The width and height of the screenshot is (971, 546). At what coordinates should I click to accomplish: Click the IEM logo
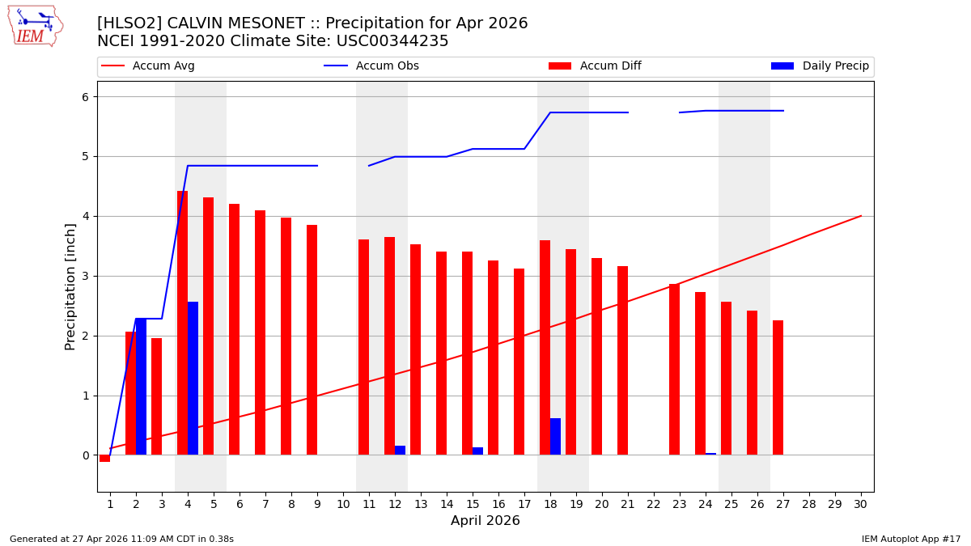[x=35, y=26]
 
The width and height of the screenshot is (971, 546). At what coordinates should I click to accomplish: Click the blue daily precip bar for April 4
[x=193, y=379]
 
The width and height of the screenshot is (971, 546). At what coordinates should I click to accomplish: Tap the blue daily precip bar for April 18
[x=555, y=437]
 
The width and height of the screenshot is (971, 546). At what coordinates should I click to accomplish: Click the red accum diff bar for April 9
[x=312, y=340]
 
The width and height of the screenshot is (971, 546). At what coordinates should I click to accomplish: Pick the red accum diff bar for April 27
[x=778, y=387]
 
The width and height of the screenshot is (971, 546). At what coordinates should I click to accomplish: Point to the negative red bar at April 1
[x=104, y=459]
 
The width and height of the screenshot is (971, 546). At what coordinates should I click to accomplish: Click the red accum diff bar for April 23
[x=674, y=369]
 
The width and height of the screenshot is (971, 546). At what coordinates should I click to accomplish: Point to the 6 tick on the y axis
[x=84, y=97]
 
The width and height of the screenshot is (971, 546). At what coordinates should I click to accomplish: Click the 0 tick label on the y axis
[x=84, y=455]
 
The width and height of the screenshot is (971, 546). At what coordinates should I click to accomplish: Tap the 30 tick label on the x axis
[x=860, y=504]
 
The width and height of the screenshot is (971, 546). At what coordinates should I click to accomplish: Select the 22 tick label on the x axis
[x=653, y=504]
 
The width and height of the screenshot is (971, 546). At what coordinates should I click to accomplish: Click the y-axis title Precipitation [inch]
[x=70, y=286]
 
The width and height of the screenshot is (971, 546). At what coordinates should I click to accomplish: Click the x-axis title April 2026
[x=485, y=521]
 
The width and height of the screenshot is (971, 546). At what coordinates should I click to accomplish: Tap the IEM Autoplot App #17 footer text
[x=910, y=539]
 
